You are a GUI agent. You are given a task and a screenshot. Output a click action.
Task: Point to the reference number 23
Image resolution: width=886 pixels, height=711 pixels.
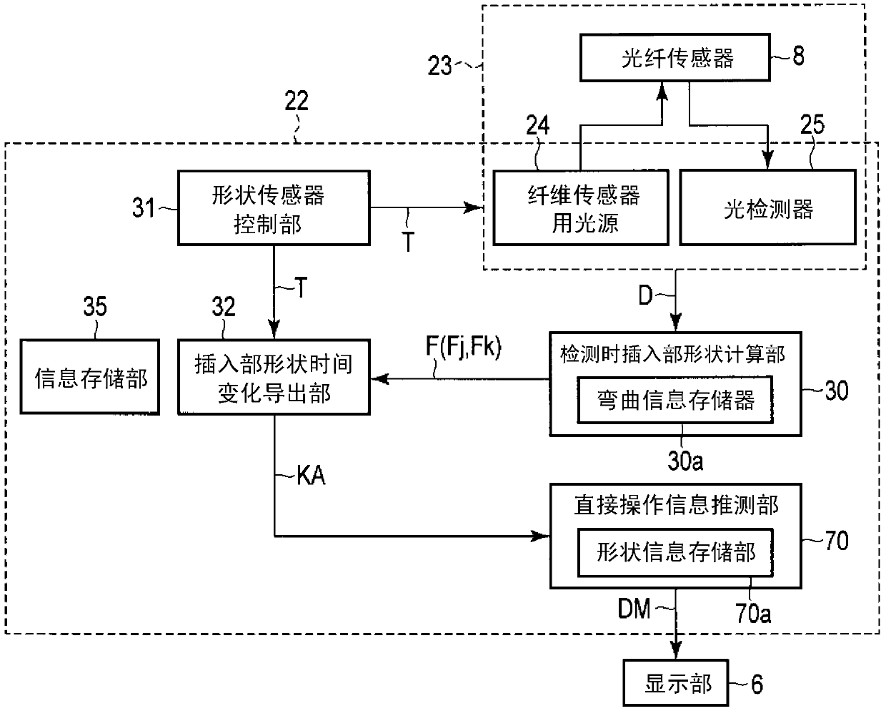click(439, 66)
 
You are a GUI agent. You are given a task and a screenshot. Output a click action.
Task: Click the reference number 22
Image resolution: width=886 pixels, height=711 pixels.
click(297, 101)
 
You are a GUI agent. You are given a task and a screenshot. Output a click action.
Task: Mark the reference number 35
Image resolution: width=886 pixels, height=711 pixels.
click(95, 306)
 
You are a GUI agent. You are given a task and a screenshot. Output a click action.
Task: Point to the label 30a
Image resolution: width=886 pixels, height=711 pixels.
click(685, 461)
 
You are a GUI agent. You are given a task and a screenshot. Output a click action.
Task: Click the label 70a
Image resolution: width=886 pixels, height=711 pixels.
click(753, 613)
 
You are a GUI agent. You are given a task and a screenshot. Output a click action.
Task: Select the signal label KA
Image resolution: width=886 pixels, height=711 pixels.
click(311, 476)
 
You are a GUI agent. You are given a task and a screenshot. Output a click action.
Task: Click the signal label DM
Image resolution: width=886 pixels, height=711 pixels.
click(634, 609)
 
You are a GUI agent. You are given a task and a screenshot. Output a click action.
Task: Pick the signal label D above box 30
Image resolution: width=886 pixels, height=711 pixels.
click(645, 295)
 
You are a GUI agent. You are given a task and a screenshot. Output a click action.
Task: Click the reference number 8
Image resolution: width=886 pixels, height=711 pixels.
click(798, 56)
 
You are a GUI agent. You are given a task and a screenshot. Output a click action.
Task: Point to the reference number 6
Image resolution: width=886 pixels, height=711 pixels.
click(757, 685)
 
